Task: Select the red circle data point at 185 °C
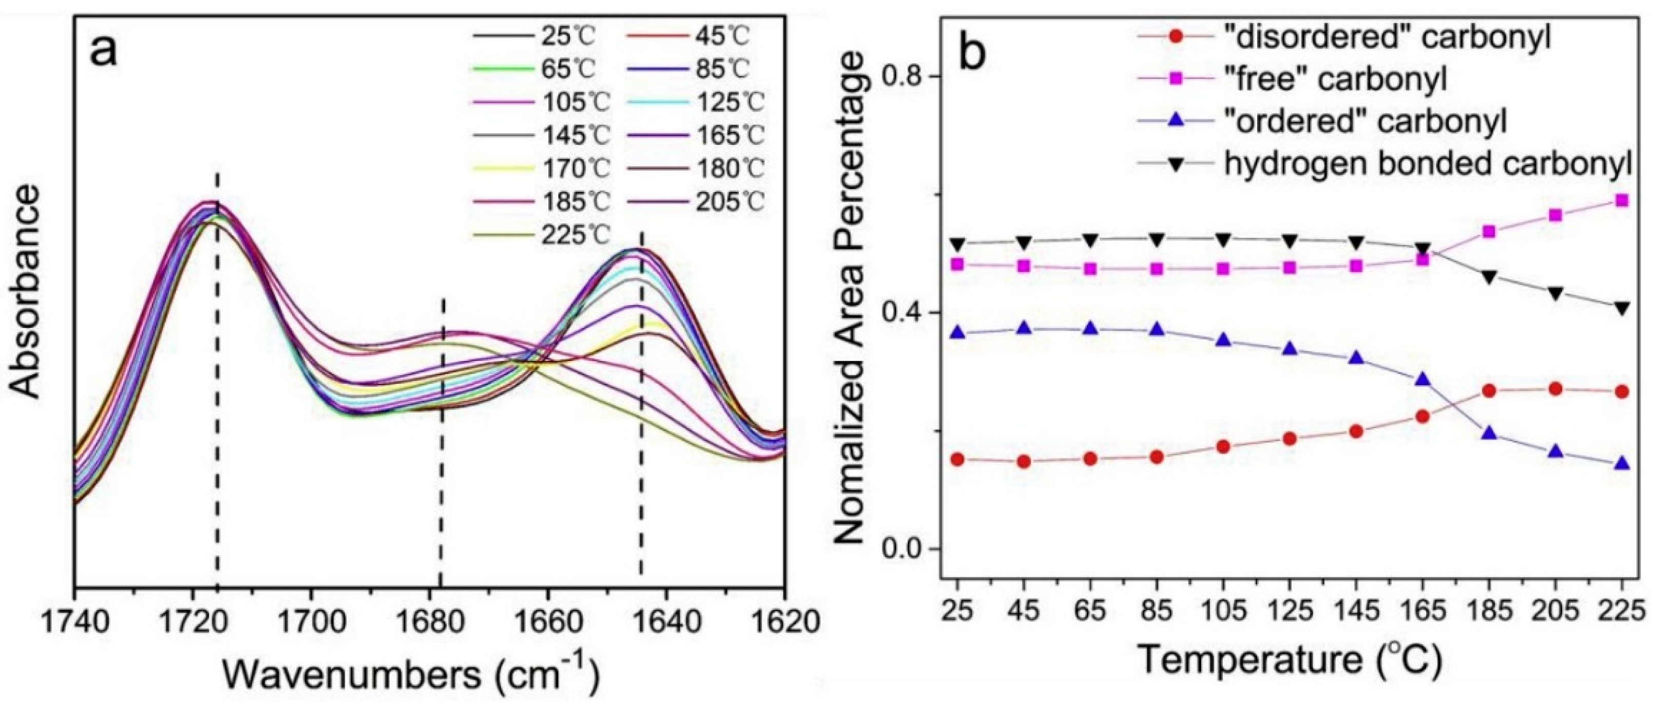coord(1489,391)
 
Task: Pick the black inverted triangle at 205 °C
coord(1555,293)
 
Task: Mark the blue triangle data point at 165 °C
coord(1422,379)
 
